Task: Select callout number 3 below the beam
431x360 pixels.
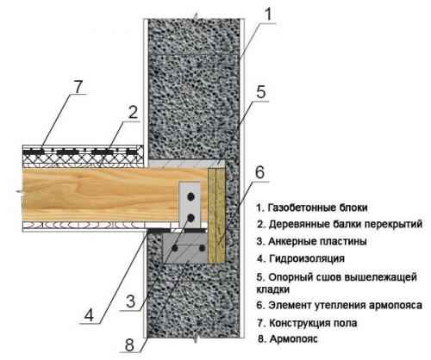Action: [x=130, y=300]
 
